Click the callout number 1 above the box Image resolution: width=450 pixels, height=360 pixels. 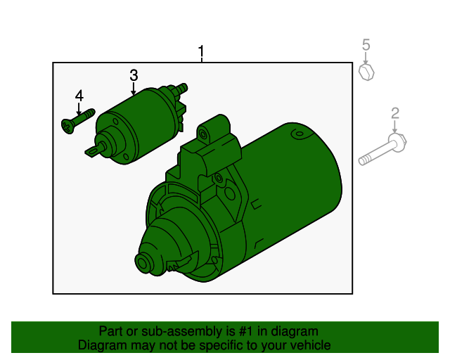pos(202,51)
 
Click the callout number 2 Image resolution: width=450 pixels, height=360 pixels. pos(395,112)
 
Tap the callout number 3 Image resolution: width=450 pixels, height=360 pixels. pos(133,75)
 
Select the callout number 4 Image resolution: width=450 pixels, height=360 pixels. pos(79,96)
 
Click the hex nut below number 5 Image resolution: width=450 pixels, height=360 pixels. pos(366,72)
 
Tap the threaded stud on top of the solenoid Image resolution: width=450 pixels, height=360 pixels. pos(182,89)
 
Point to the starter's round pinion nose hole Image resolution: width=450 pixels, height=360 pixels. pos(145,265)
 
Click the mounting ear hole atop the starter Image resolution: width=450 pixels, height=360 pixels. pos(204,131)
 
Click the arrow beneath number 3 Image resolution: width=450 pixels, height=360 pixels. pos(133,89)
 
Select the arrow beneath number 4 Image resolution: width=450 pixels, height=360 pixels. pos(79,109)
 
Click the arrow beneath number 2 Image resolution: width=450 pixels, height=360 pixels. pos(395,127)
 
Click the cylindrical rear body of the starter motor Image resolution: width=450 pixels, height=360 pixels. pos(295,183)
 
